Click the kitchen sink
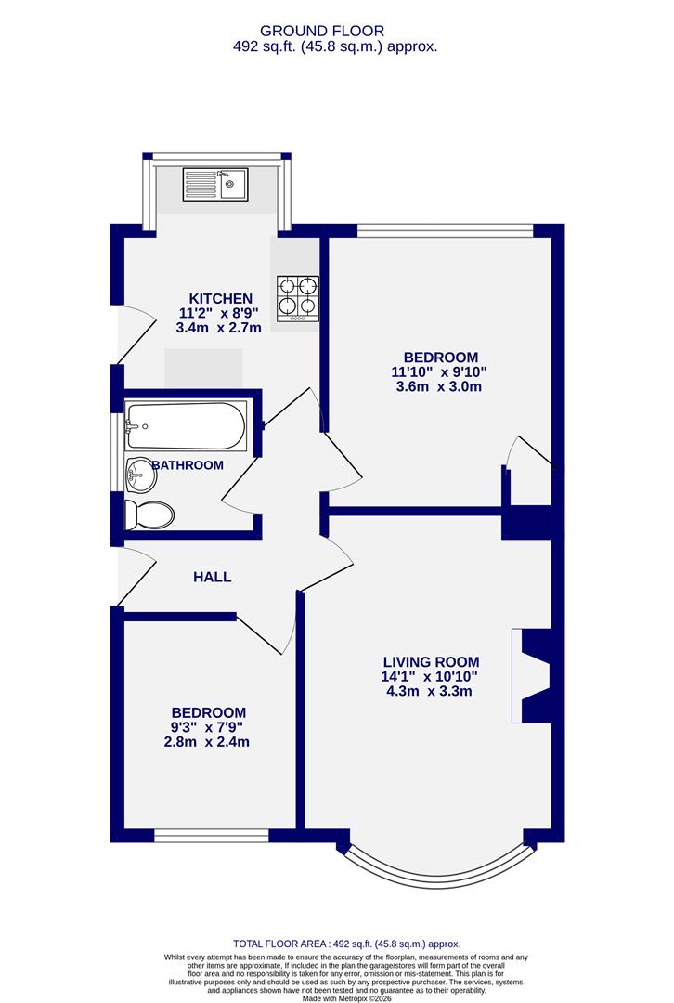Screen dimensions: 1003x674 (214, 183)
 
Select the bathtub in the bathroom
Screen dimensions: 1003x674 (186, 426)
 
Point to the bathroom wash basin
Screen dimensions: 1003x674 (141, 475)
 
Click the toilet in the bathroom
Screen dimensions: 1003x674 (150, 514)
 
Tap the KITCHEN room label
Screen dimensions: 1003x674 (220, 298)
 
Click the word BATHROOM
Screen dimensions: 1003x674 (188, 464)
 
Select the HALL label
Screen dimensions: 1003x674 (212, 577)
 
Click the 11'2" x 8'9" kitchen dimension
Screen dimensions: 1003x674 (220, 313)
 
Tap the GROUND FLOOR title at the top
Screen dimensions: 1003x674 (335, 31)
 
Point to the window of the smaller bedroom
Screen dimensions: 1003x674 (210, 837)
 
